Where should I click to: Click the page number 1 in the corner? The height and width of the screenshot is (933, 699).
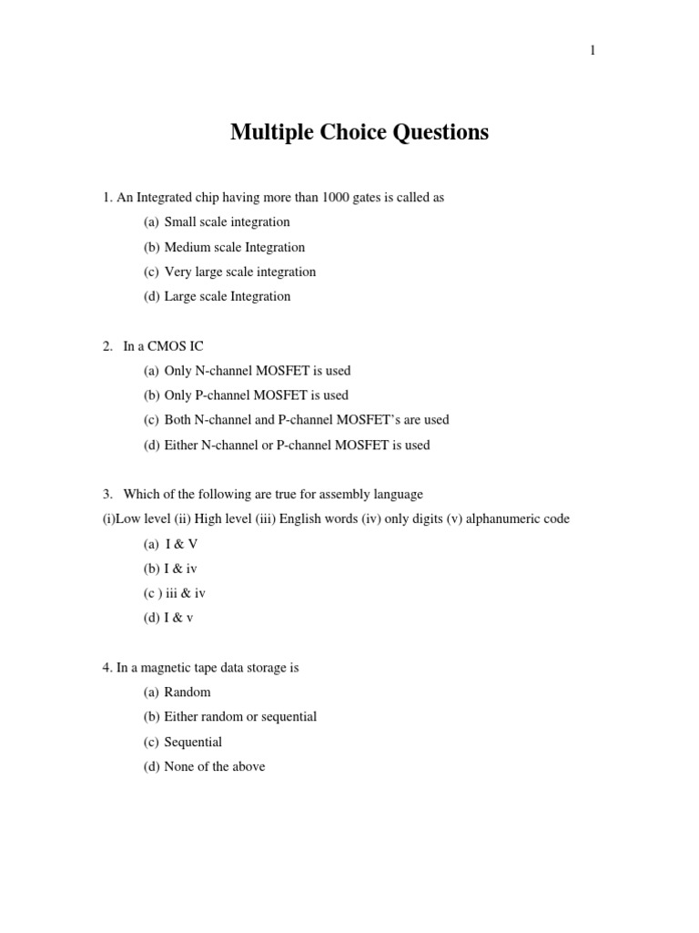coord(593,51)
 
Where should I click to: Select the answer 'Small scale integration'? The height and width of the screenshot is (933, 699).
coord(227,222)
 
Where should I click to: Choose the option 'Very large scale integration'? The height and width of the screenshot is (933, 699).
coord(239,272)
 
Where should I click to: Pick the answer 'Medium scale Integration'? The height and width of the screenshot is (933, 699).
coord(234,247)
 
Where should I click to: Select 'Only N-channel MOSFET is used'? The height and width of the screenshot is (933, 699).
coord(257,371)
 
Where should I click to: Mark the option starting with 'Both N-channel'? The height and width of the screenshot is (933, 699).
coord(306,420)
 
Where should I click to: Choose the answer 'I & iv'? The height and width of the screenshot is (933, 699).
coord(180,569)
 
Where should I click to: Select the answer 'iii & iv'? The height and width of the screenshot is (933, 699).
coord(185,593)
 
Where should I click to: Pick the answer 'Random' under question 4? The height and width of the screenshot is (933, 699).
coord(187,692)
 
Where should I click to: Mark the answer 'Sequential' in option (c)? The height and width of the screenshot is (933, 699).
coord(193,742)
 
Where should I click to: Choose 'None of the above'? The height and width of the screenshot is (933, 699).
coord(214,766)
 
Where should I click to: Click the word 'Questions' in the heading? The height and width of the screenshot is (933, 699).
coord(441,133)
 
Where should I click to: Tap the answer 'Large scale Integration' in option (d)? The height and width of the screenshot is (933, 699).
coord(227,296)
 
